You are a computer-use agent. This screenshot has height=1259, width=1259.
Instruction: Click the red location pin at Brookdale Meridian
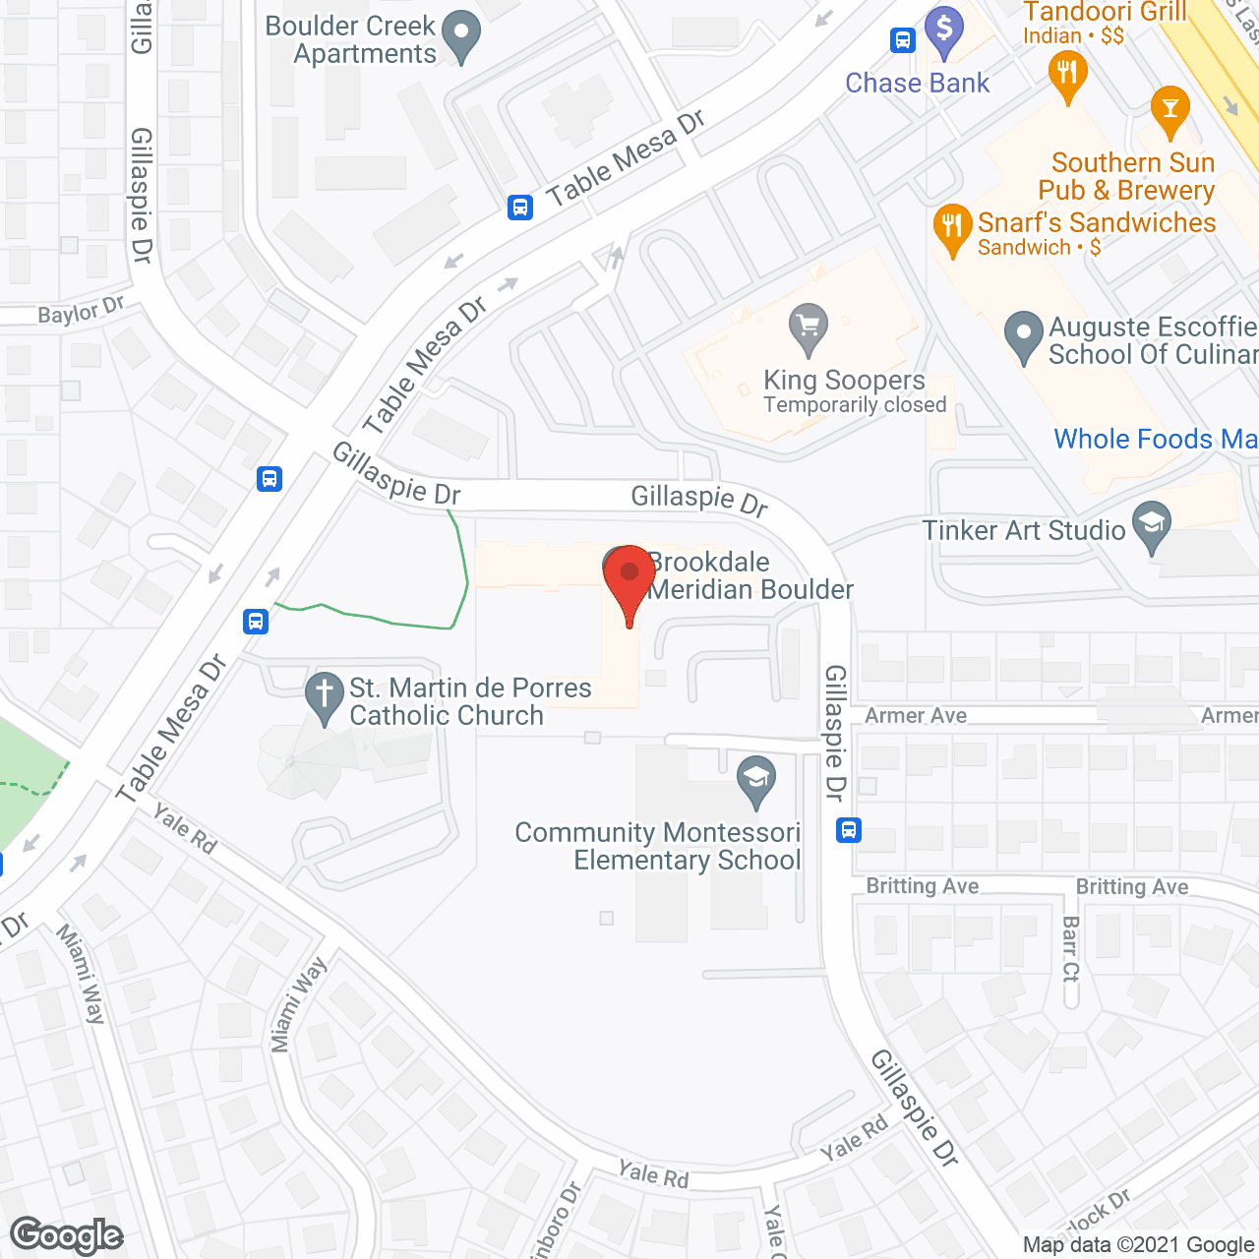[x=629, y=576]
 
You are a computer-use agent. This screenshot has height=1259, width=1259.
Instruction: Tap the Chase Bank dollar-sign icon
[x=944, y=30]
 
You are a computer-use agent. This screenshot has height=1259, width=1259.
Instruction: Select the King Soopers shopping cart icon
[x=809, y=327]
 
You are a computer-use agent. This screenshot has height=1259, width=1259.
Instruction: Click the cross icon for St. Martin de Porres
[x=324, y=694]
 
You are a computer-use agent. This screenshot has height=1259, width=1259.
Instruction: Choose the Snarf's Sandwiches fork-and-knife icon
[x=951, y=227]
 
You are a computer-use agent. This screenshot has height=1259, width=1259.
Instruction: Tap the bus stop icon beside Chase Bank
[x=903, y=40]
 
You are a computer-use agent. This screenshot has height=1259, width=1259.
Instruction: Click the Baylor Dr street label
[x=81, y=312]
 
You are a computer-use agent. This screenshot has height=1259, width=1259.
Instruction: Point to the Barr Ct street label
[x=1070, y=948]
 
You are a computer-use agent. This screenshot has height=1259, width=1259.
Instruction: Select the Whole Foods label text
[x=1155, y=439]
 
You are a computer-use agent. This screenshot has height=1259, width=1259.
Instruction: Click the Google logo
[x=67, y=1235]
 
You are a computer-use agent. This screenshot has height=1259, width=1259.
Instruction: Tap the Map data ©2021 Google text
[x=1139, y=1244]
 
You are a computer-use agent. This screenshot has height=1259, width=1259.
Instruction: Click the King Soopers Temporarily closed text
[x=855, y=405]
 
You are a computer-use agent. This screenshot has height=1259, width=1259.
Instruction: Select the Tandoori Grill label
[x=1105, y=13]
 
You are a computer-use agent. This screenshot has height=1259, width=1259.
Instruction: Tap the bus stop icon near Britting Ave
[x=849, y=830]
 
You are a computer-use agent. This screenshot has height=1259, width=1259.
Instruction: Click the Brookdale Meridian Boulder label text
[x=749, y=575]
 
